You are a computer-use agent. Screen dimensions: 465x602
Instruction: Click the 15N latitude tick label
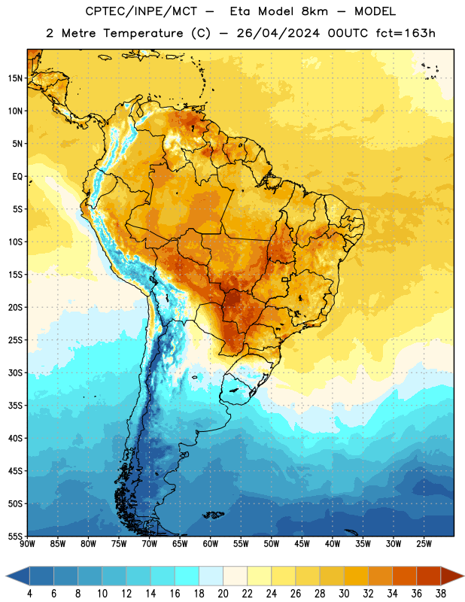15,78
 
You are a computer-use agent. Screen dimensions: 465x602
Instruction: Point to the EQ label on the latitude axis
17,177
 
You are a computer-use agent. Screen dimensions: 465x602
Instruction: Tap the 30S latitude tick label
15,372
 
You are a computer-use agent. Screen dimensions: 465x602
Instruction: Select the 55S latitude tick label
15,536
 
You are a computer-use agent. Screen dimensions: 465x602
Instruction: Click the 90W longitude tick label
27,544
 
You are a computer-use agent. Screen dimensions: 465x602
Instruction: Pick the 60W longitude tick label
211,544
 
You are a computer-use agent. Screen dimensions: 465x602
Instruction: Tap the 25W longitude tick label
424,544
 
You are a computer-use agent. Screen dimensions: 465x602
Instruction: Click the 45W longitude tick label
302,544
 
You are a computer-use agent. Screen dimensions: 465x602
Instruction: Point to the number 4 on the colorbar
29,594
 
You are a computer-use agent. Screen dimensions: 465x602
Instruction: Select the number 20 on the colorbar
223,594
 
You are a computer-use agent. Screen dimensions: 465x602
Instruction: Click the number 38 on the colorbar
441,594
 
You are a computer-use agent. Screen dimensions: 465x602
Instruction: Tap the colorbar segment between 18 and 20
211,576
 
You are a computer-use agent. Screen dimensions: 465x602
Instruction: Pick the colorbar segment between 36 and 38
429,576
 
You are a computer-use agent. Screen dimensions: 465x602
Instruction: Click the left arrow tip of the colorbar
6,576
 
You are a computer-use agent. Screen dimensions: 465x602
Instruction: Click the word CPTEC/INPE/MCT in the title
141,11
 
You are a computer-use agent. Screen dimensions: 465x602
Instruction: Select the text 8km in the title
315,11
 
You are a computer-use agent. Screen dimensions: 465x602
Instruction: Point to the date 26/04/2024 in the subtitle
278,33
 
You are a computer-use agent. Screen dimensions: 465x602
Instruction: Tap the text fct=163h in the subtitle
406,33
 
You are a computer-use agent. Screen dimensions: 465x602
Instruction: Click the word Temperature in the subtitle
143,33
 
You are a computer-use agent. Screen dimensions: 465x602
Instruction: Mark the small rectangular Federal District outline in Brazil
285,279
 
